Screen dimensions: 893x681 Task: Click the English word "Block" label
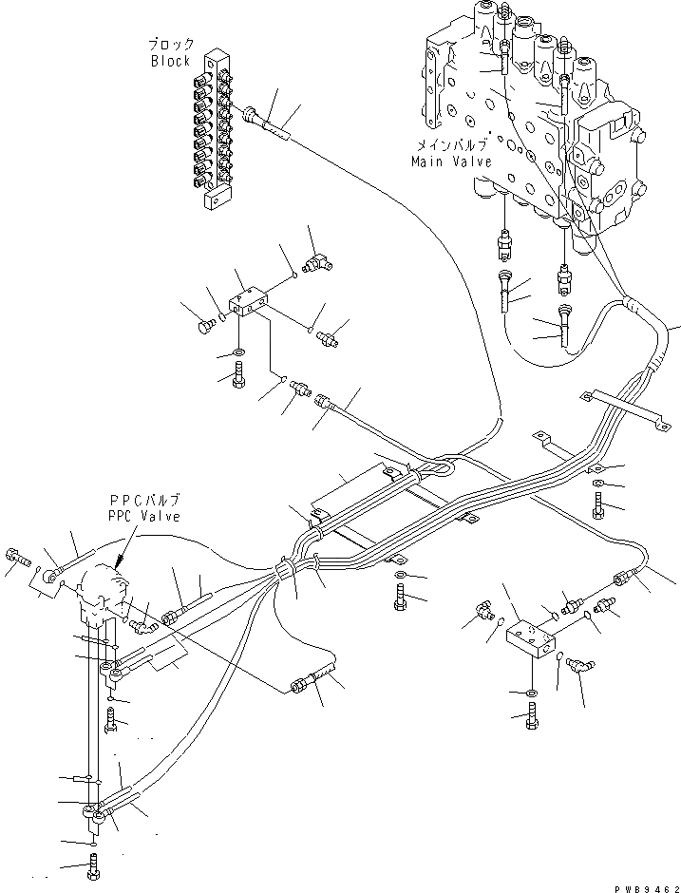[x=171, y=62]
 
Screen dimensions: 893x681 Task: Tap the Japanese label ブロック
[x=171, y=45]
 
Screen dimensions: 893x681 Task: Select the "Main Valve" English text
[x=451, y=161]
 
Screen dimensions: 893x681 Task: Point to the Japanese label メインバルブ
[x=451, y=145]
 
